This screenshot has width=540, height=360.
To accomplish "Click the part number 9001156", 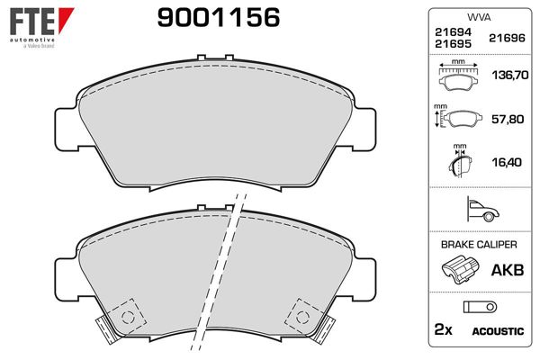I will [218, 18].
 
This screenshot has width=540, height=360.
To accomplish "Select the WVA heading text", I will [477, 18].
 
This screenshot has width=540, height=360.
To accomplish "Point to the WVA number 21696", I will [506, 39].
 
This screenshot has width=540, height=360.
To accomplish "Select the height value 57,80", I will [506, 118].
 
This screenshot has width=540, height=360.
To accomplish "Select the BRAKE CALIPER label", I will [477, 245].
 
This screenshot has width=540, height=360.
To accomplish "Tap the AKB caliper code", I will [506, 267].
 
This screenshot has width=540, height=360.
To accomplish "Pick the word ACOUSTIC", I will [497, 331].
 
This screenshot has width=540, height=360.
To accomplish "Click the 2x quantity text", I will [443, 330].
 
